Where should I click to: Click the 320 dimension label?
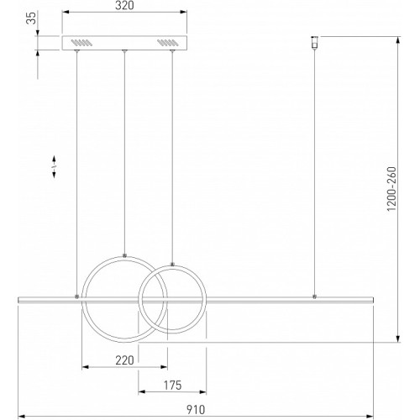click(124, 5)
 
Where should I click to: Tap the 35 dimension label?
click(31, 18)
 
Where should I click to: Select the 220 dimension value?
click(124, 360)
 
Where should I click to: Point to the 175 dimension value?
click(172, 386)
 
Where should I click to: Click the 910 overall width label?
click(196, 410)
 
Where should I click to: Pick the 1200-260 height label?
click(391, 189)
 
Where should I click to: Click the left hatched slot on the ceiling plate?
click(81, 43)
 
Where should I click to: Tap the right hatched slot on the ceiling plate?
click(167, 43)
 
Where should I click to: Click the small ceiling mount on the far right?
click(315, 43)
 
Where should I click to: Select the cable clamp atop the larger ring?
click(124, 255)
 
